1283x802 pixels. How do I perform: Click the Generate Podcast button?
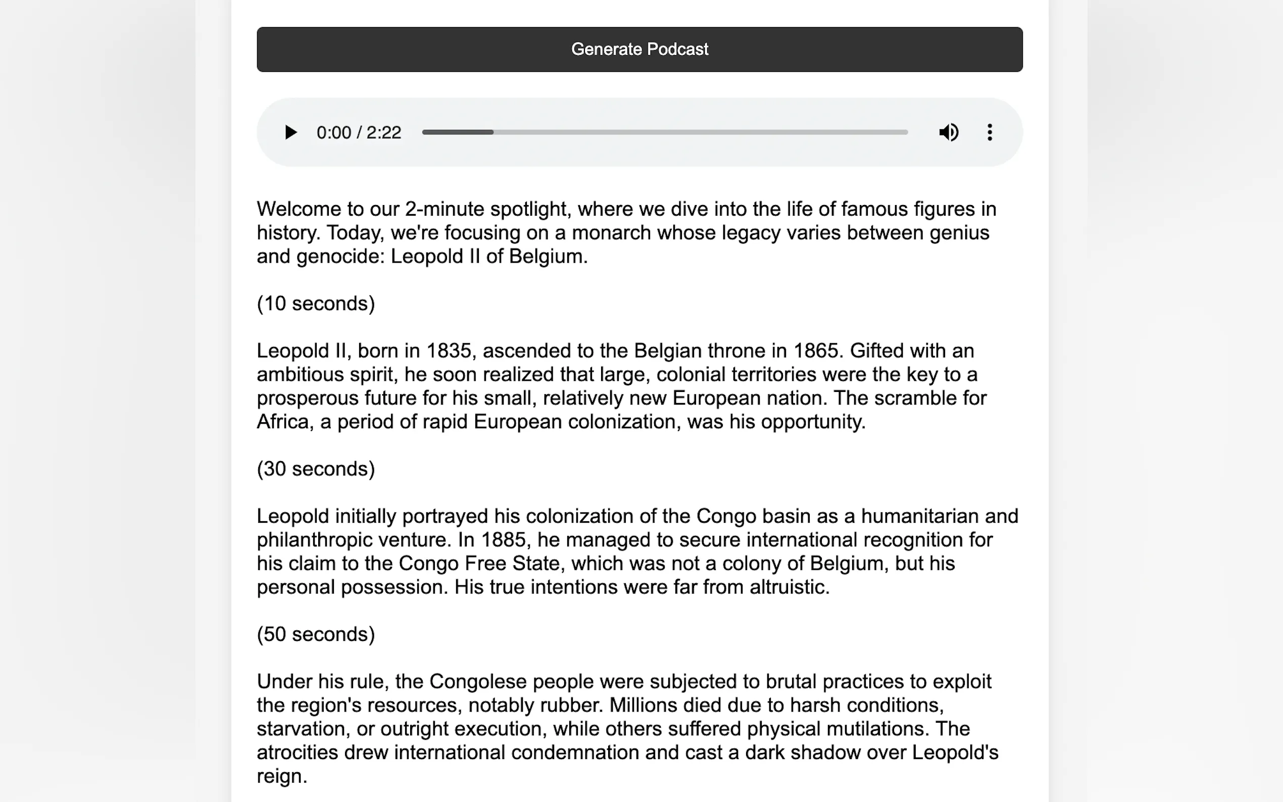(639, 49)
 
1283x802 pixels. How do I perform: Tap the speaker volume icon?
(948, 132)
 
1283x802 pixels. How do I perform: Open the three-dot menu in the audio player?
(990, 132)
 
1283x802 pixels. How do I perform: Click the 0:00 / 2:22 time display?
(359, 133)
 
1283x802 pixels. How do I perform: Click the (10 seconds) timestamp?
(316, 304)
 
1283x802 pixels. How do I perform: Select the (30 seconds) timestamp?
(316, 469)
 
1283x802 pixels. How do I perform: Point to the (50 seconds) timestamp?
(316, 635)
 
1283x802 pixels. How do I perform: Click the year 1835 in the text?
(449, 351)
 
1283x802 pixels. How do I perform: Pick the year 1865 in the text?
(816, 351)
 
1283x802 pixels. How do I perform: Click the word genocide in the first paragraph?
(337, 257)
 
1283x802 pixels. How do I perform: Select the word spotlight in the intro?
(530, 210)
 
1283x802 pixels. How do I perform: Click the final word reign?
(281, 777)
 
